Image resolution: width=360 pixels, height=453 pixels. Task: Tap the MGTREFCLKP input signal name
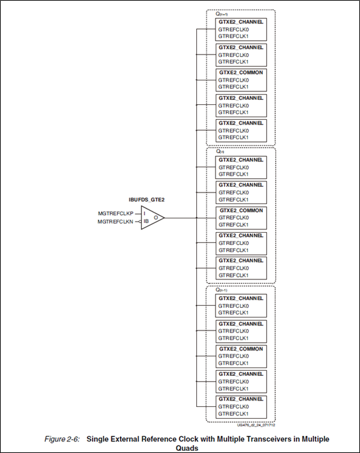(115, 213)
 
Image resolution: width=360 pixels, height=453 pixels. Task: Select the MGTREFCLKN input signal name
(115, 222)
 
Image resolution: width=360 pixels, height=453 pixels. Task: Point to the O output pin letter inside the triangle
(155, 218)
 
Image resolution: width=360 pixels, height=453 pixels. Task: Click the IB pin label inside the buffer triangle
(146, 222)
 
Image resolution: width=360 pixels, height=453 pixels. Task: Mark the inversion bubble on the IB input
(138, 222)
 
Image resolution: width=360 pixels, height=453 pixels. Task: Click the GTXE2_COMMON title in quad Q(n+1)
(241, 73)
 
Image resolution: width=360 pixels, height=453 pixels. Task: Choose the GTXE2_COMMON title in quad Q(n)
(241, 211)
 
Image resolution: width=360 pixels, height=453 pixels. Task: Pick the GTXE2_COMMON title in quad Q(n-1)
(241, 349)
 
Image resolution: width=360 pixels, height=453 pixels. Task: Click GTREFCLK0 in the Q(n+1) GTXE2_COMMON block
(233, 80)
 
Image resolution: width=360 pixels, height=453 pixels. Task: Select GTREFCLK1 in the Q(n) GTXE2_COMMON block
(233, 225)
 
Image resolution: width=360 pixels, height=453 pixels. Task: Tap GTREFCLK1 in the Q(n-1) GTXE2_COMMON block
(233, 364)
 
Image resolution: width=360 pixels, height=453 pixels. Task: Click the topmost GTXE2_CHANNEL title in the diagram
(241, 21)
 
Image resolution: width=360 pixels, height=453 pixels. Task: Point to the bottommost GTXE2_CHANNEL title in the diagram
(241, 399)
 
